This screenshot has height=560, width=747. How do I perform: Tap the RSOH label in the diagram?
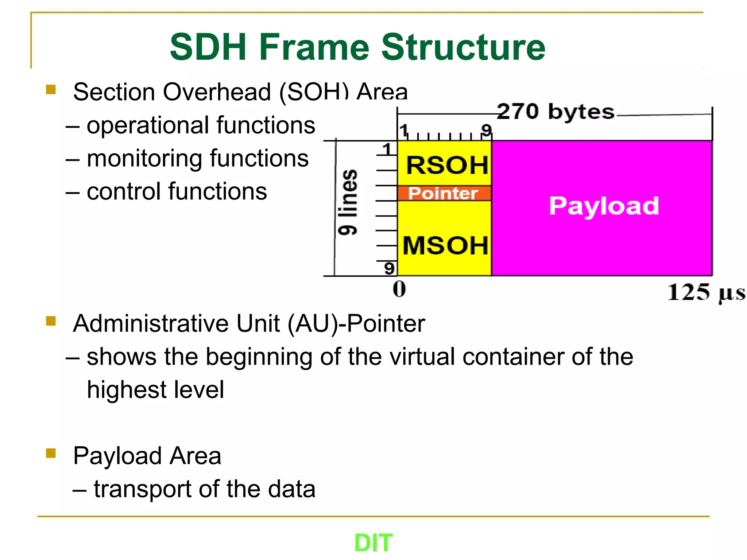[x=447, y=165]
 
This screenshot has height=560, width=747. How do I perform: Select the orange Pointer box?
[x=443, y=193]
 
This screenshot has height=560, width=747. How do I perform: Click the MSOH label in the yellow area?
[x=445, y=245]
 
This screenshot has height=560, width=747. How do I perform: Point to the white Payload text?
[x=604, y=206]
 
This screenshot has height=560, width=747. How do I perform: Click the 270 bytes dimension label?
[x=555, y=112]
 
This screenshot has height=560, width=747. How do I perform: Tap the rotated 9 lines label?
[x=348, y=202]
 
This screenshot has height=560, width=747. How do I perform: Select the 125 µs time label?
[x=705, y=292]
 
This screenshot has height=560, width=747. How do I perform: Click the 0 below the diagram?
[x=399, y=289]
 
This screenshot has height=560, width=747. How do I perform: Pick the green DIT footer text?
[x=373, y=542]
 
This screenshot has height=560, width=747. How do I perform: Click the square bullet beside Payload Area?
[x=51, y=453]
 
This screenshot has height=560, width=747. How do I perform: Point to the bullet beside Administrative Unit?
[x=51, y=321]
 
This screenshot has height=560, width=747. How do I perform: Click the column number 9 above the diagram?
[x=486, y=130]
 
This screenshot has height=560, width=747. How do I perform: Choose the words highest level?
[x=155, y=390]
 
